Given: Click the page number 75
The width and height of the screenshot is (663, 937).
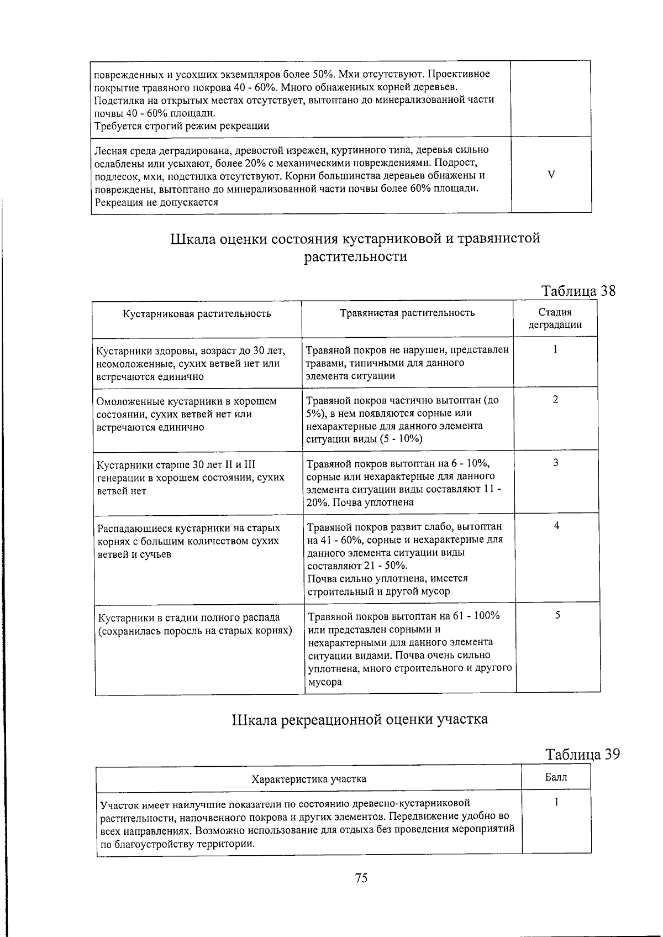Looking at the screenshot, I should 361,878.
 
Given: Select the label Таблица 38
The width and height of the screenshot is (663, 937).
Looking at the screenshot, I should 578,291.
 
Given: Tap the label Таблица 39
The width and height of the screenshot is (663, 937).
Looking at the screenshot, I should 582,754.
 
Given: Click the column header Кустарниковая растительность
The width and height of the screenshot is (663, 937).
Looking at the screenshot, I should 197,314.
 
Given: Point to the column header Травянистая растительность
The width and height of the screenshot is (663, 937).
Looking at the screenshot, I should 407,313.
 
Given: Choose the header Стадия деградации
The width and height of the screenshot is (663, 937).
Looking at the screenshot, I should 555,318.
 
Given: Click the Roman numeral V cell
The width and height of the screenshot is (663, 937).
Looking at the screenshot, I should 551,175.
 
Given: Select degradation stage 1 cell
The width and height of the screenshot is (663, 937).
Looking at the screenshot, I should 555,349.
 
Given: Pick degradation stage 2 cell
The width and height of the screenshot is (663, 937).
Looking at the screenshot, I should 555,399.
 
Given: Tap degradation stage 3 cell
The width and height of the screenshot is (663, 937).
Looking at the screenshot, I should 556,463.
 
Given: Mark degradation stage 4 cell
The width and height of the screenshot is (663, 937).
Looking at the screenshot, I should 556,526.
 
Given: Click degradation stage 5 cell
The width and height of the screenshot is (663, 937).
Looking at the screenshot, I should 557,615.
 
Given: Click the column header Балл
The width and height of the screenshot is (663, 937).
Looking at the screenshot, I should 556,778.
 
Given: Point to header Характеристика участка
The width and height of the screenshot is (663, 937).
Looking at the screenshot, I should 308,779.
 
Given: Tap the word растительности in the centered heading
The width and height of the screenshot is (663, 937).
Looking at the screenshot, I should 356,257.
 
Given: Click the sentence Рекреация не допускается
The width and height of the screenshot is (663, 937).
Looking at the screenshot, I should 156,202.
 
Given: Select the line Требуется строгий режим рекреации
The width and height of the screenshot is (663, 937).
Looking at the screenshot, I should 182,126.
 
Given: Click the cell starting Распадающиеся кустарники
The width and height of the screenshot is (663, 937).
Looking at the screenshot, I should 188,541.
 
